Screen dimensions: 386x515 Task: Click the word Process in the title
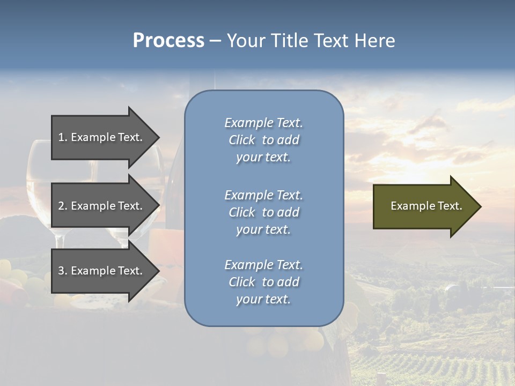pyautogui.click(x=168, y=41)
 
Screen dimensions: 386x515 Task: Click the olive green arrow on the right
pyautogui.click(x=424, y=206)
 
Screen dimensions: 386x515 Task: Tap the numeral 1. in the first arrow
pyautogui.click(x=63, y=137)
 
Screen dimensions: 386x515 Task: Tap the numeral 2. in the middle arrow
pyautogui.click(x=63, y=206)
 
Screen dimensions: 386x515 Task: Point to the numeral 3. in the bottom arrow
pyautogui.click(x=63, y=271)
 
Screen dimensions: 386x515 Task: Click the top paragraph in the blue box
pyautogui.click(x=263, y=140)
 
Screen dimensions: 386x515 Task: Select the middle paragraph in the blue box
pyautogui.click(x=263, y=212)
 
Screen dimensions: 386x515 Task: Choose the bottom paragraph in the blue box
pyautogui.click(x=263, y=282)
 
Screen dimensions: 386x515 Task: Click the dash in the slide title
pyautogui.click(x=215, y=41)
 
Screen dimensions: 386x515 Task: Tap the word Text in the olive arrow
pyautogui.click(x=450, y=206)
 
